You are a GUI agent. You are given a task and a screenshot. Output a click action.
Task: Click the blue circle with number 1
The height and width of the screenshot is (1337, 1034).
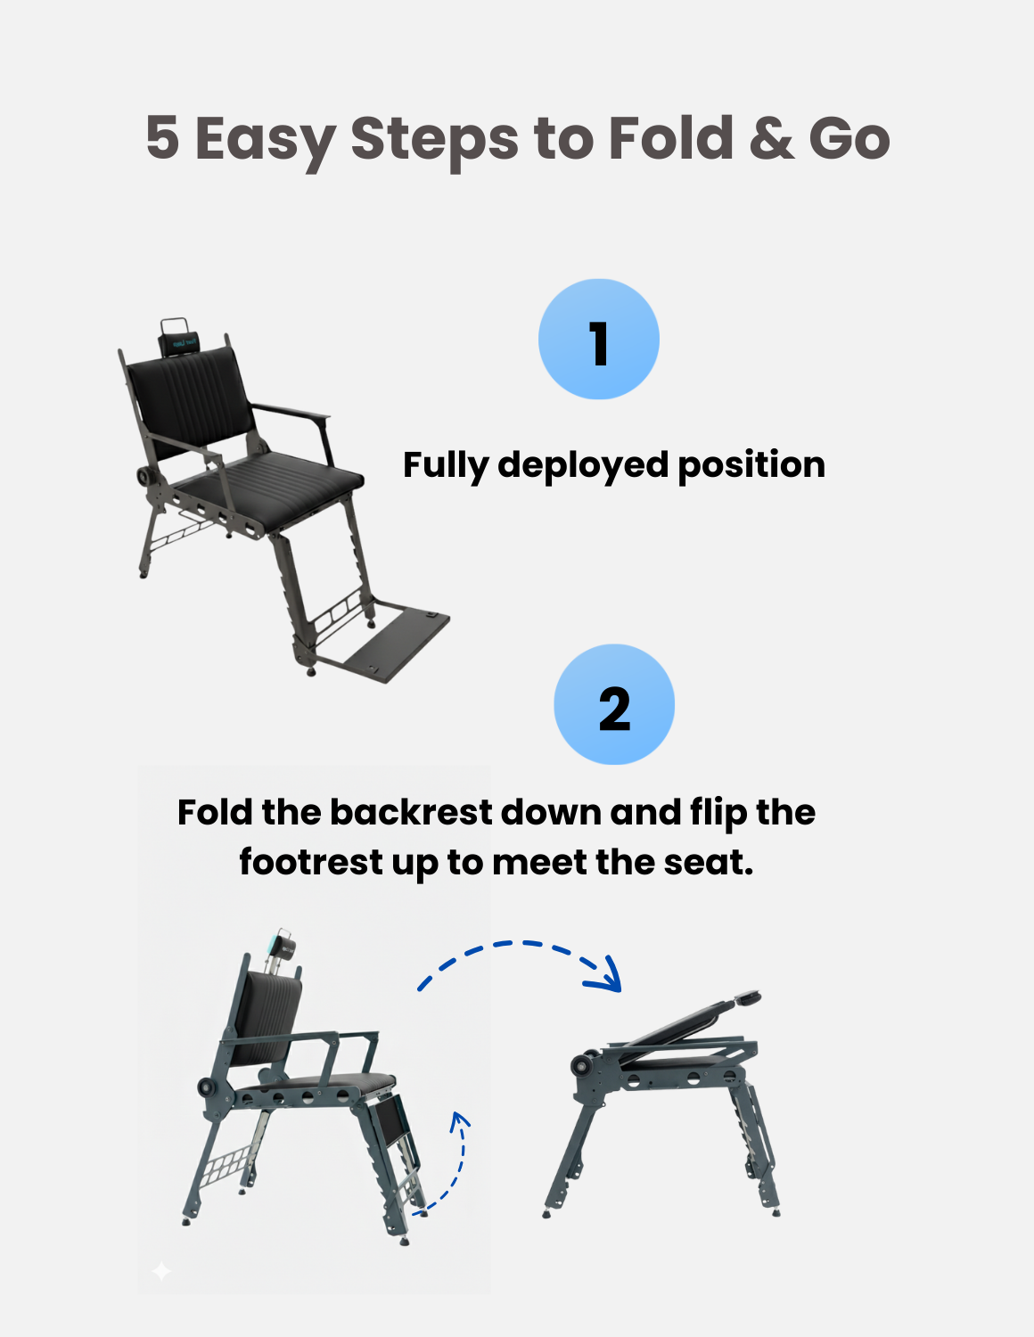click(x=598, y=340)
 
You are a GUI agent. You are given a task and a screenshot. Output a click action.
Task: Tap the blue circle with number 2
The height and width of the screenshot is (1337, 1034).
click(x=614, y=705)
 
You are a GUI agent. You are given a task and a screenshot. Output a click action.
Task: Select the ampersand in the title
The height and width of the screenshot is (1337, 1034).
click(x=771, y=139)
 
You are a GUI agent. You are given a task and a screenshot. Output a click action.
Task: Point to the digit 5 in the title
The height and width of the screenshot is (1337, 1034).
click(x=162, y=139)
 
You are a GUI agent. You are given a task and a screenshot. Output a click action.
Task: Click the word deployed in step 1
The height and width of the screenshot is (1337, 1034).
click(x=582, y=465)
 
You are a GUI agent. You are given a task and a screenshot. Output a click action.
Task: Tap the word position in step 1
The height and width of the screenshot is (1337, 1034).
click(x=751, y=465)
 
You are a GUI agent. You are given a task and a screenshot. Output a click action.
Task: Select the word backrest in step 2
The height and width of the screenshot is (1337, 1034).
click(x=411, y=813)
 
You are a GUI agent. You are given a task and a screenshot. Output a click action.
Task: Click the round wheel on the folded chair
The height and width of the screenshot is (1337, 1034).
click(x=584, y=1065)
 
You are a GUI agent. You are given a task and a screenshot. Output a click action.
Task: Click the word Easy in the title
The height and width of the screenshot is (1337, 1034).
click(x=264, y=139)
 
